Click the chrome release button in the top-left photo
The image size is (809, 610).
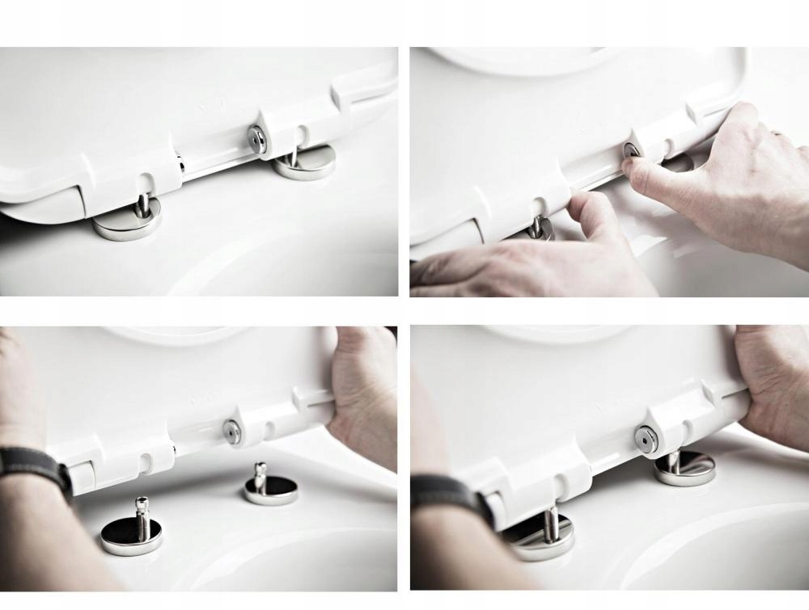[256, 139]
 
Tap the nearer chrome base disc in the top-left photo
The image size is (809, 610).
[126, 225]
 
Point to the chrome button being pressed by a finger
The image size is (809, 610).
[631, 150]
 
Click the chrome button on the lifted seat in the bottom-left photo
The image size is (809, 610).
[232, 431]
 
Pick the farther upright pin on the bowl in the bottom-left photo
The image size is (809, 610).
[260, 477]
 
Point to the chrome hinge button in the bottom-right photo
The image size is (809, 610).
[646, 438]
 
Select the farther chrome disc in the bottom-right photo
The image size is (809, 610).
[684, 469]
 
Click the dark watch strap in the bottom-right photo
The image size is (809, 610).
[449, 493]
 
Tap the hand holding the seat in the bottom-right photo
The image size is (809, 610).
[773, 380]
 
